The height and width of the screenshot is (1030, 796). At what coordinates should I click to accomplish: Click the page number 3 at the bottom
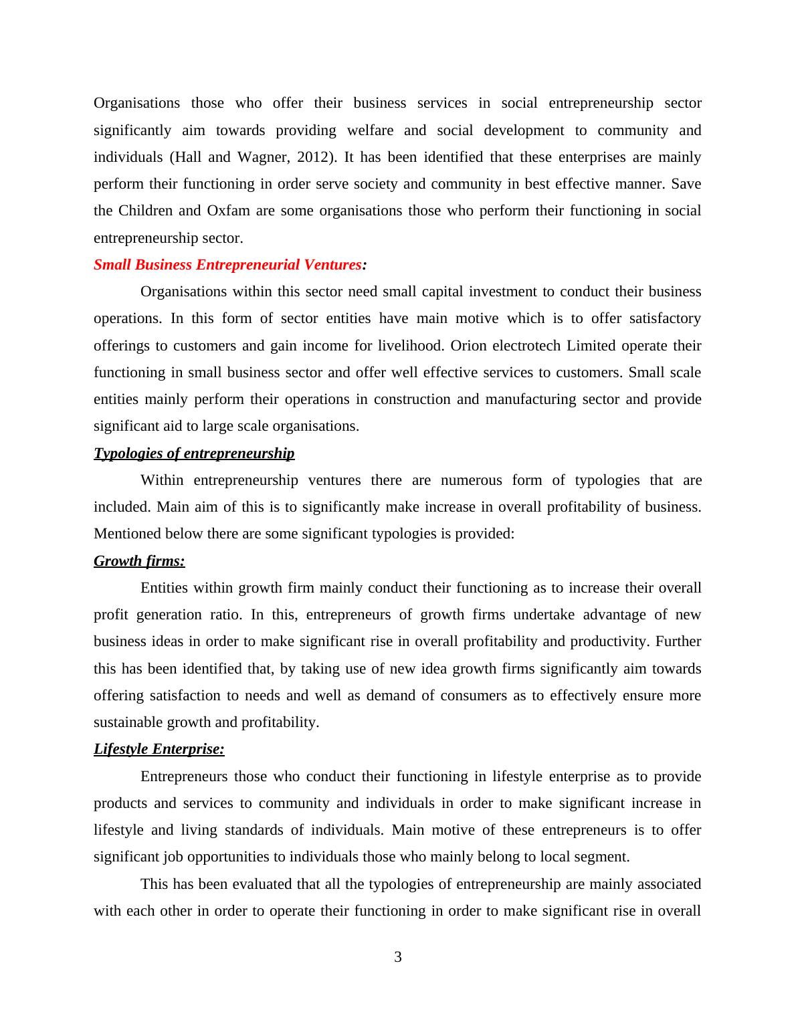click(x=398, y=957)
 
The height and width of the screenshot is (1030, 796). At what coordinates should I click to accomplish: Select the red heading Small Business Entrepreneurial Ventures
click(x=227, y=265)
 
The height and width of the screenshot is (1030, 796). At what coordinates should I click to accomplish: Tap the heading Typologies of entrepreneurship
click(x=194, y=453)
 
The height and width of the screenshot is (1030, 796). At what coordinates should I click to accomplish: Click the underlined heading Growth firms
click(x=139, y=561)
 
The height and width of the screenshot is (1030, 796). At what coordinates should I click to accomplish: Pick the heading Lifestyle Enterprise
click(x=159, y=749)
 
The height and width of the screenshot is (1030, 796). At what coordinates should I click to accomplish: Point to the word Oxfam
click(x=229, y=211)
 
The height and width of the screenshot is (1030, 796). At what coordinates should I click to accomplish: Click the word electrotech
click(x=526, y=346)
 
